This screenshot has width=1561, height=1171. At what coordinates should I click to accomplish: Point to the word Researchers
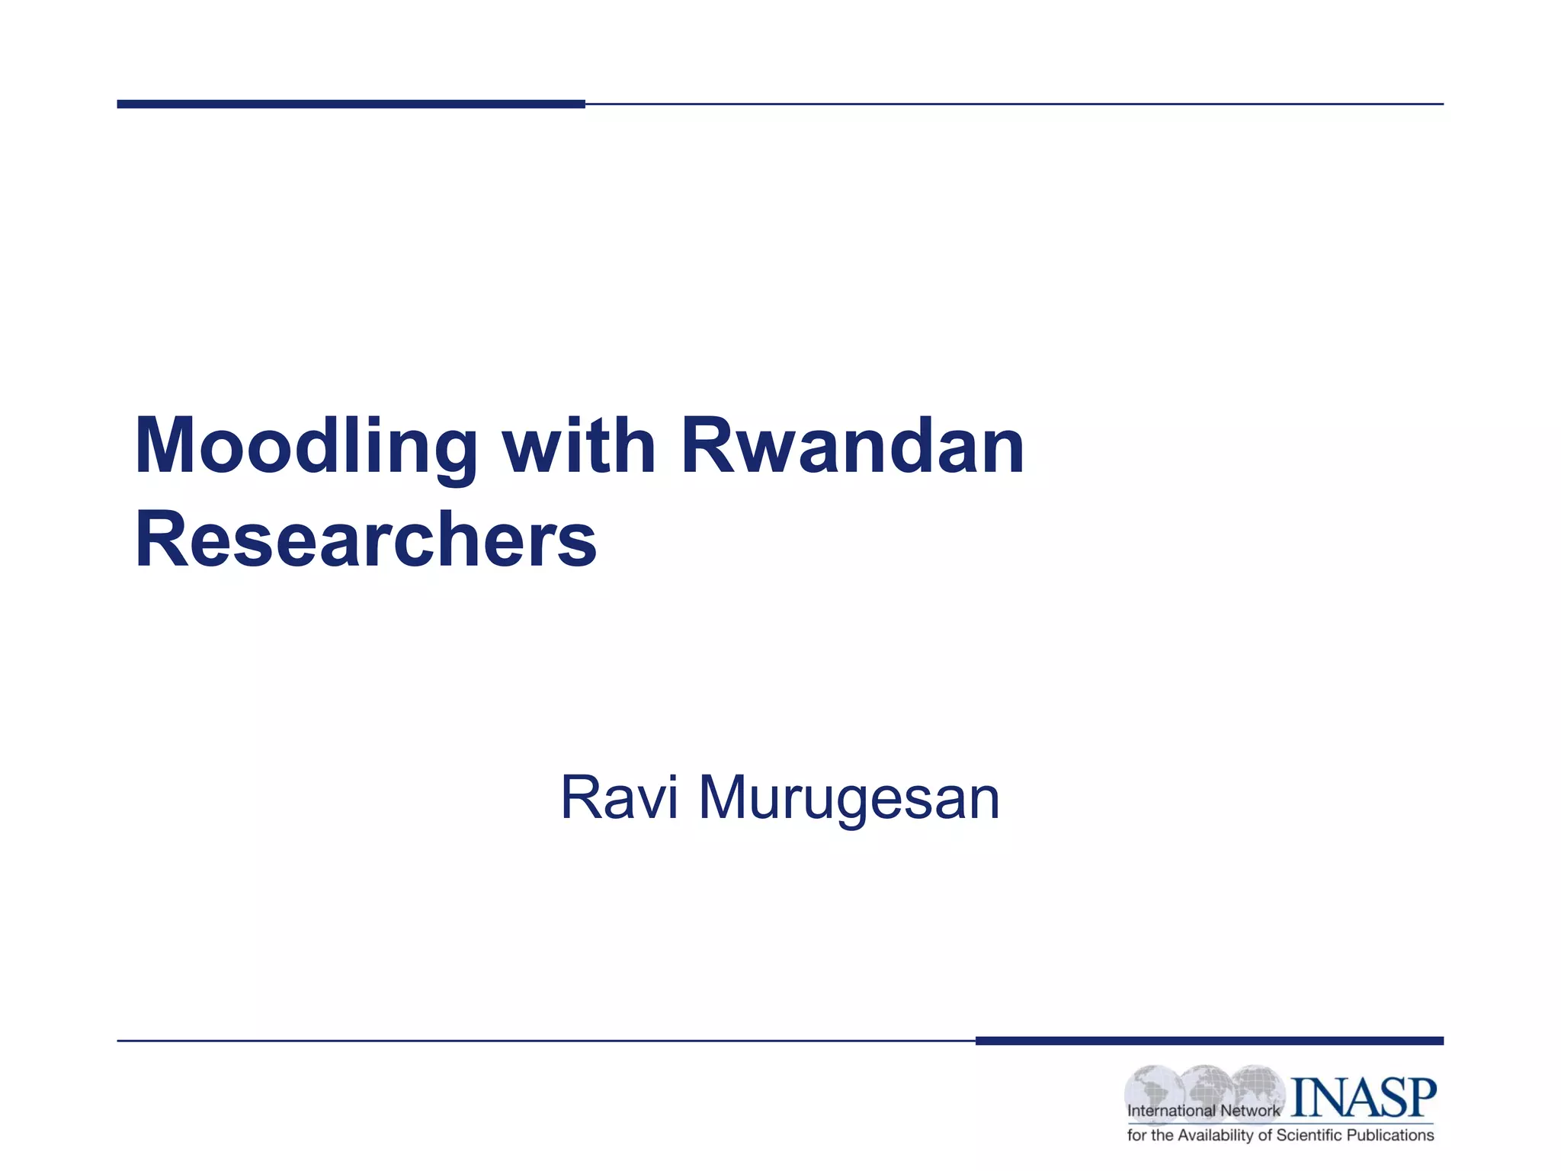click(x=366, y=540)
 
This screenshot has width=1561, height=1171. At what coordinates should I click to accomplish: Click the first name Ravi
click(x=619, y=798)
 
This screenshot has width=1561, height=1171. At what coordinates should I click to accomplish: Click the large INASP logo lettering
click(x=1363, y=1098)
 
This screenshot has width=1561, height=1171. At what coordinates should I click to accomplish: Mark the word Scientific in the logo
click(x=1309, y=1135)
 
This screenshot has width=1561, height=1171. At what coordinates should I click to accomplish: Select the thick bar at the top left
click(x=351, y=104)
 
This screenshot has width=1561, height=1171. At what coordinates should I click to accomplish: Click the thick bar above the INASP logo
click(x=1209, y=1041)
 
